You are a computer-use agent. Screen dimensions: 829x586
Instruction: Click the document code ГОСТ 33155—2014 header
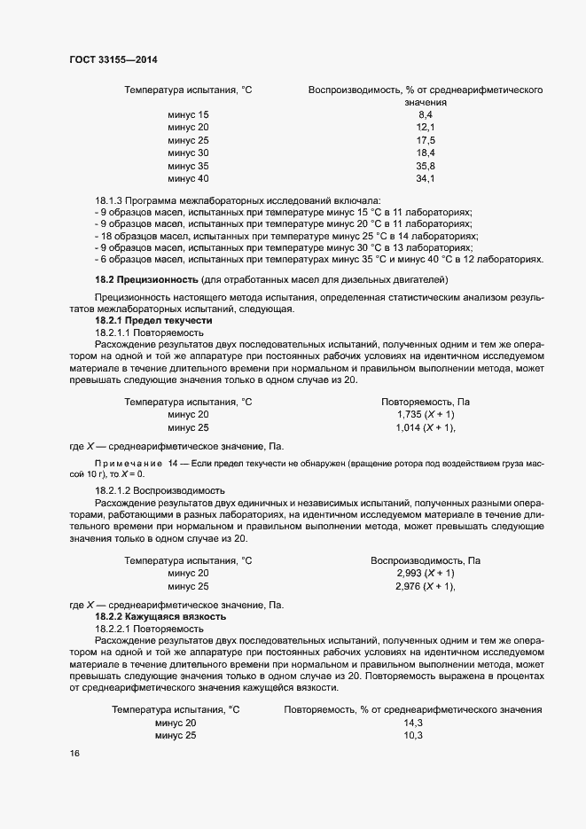[x=114, y=59]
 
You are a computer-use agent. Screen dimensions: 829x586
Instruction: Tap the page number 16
[x=74, y=753]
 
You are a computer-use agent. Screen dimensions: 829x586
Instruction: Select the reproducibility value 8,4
[x=425, y=115]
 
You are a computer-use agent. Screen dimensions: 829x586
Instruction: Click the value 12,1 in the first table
[x=425, y=128]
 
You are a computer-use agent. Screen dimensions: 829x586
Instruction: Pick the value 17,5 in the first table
[x=425, y=141]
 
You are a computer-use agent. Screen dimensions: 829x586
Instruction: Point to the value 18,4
[x=425, y=153]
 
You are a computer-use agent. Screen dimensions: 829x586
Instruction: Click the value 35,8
[x=425, y=167]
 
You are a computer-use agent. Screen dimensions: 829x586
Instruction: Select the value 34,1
[x=425, y=179]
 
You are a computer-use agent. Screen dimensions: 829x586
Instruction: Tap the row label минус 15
[x=188, y=115]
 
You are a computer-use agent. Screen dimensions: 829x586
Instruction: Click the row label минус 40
[x=188, y=179]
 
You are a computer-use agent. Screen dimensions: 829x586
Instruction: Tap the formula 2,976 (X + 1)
[x=426, y=586]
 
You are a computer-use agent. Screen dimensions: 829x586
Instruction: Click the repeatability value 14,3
[x=413, y=723]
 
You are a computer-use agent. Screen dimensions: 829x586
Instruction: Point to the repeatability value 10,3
[x=413, y=736]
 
